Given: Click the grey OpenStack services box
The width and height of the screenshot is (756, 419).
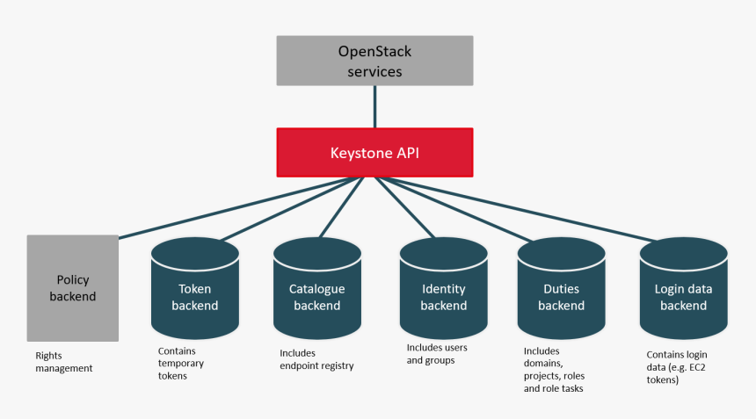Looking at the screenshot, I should [374, 61].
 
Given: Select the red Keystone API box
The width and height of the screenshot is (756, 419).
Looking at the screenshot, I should [374, 153].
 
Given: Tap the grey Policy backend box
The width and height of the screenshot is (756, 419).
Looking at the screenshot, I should [73, 288].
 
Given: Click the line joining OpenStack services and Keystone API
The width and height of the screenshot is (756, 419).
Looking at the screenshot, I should [375, 107].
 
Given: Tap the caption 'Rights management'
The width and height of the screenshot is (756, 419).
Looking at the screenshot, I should [63, 362].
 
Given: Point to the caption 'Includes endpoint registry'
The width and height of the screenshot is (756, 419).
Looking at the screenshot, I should [316, 359].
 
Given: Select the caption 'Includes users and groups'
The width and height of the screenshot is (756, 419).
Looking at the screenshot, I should [437, 354].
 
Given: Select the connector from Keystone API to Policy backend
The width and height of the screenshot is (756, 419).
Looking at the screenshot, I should [237, 207].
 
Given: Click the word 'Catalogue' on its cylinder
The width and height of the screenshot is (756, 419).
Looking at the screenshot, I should [316, 289].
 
